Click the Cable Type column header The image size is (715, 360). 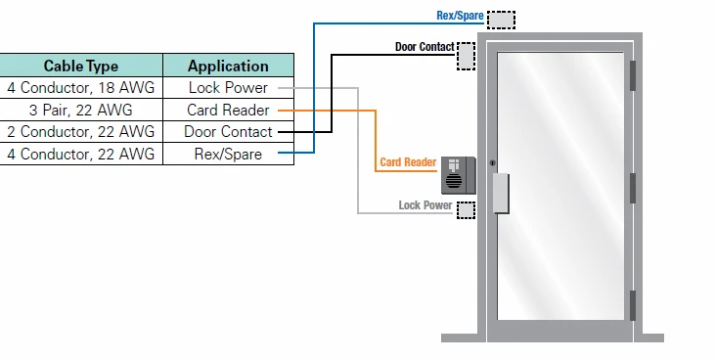click(80, 67)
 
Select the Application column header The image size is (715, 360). click(228, 67)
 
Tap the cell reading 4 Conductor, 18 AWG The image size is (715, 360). click(80, 88)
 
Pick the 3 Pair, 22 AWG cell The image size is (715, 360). click(80, 110)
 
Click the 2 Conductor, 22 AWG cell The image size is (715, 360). click(80, 131)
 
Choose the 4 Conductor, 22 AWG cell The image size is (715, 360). click(80, 154)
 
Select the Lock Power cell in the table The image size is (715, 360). click(228, 88)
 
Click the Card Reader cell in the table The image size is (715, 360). click(228, 110)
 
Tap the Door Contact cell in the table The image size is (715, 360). click(228, 131)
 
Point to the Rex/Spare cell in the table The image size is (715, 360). click(228, 154)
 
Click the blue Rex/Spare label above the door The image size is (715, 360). click(459, 17)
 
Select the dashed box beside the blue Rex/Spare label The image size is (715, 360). click(501, 20)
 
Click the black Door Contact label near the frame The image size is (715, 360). click(424, 46)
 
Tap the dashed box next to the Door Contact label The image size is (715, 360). click(466, 57)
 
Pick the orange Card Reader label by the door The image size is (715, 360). click(407, 162)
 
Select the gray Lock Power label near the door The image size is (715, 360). click(425, 205)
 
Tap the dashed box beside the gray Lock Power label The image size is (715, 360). click(466, 209)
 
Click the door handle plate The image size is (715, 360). click(500, 193)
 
